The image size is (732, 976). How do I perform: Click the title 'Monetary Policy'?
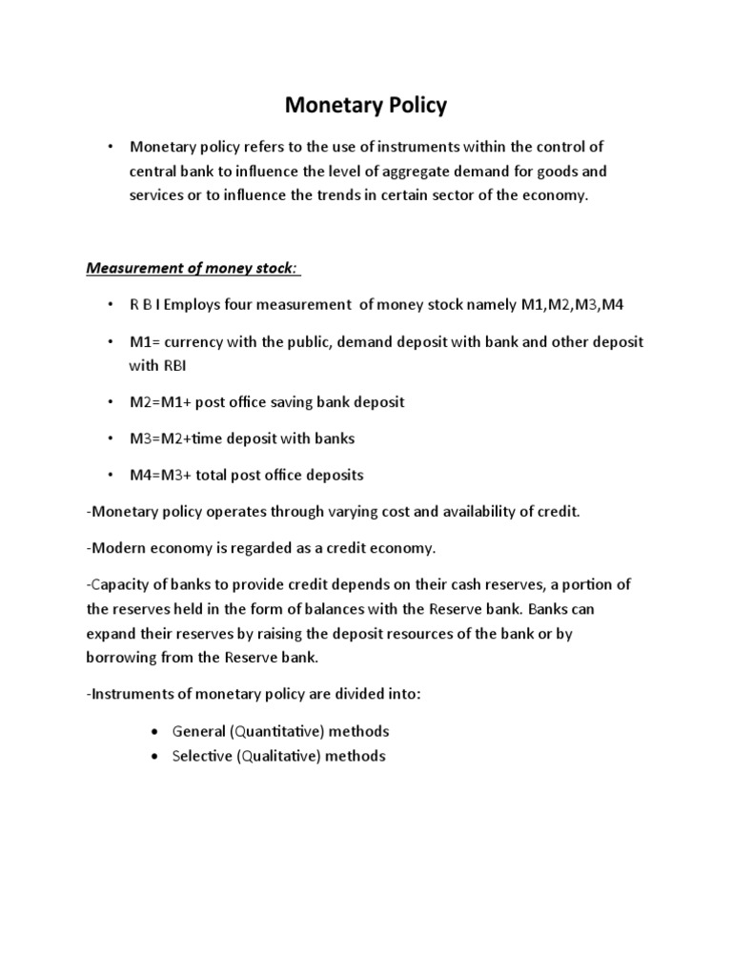366,105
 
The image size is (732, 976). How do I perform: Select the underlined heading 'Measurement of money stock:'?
194,268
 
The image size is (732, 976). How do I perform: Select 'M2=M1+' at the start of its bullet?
156,402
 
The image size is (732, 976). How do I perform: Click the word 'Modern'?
117,548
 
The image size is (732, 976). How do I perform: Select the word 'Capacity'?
119,584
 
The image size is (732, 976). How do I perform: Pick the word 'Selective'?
202,756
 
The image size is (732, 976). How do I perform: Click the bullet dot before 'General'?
153,732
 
